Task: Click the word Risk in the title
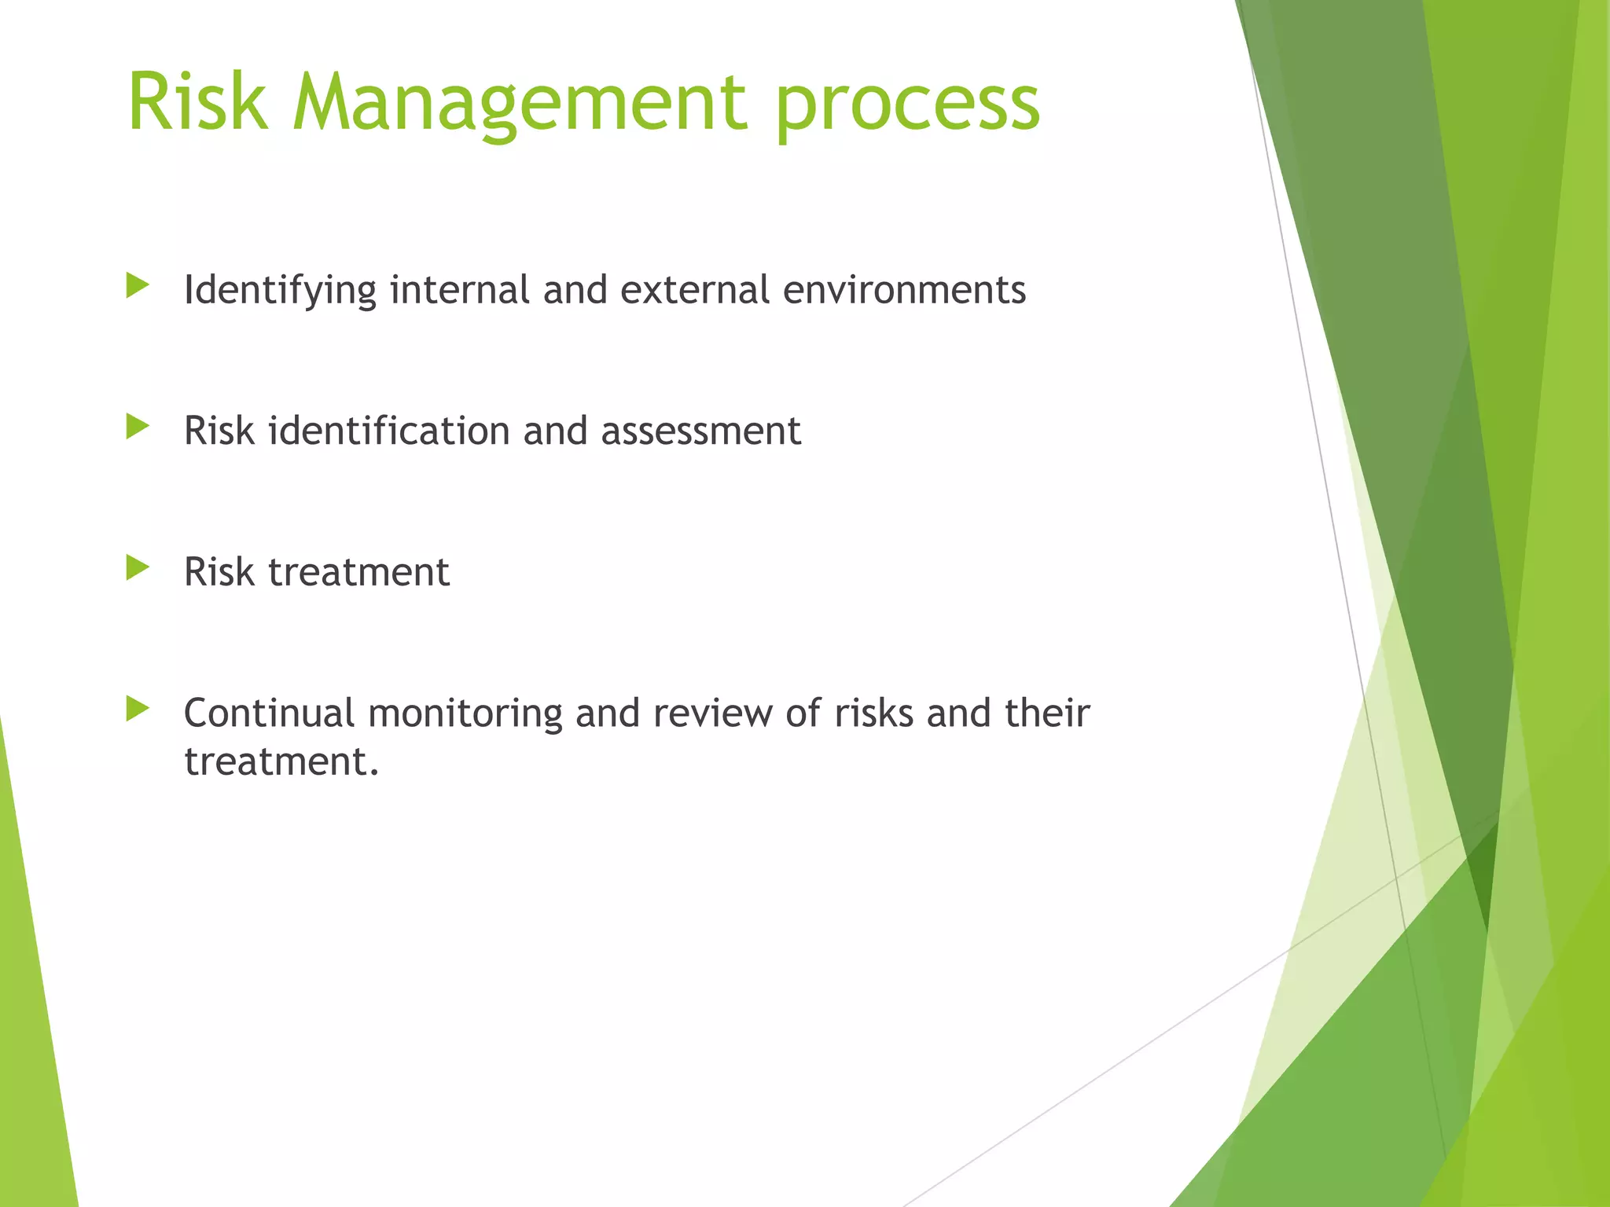tap(197, 102)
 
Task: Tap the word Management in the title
tap(520, 104)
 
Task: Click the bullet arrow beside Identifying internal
tap(137, 285)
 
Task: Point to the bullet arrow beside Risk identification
tap(137, 427)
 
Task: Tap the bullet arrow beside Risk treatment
tap(137, 567)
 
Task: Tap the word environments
tap(904, 289)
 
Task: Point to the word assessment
tap(700, 431)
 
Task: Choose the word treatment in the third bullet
tap(358, 572)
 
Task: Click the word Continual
tap(269, 713)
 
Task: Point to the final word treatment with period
tap(281, 761)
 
